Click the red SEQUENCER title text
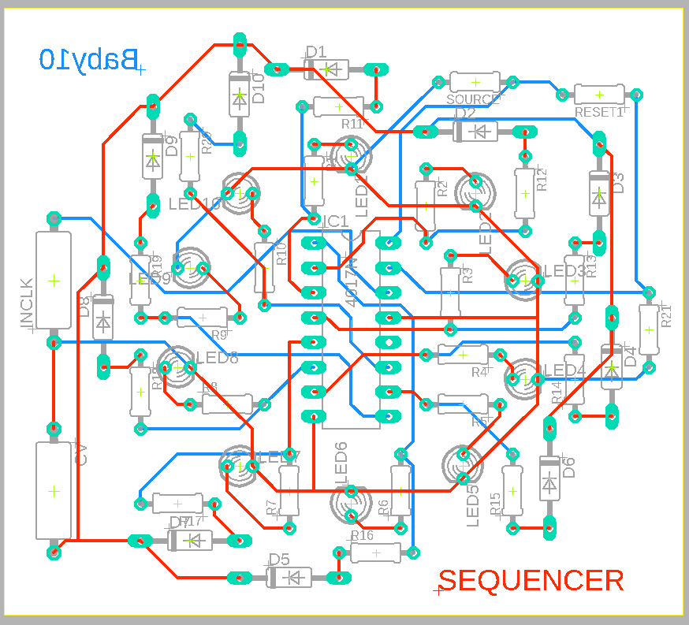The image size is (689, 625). (531, 582)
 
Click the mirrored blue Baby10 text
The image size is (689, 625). (89, 58)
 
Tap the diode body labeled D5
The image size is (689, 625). (289, 578)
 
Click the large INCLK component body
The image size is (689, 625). (54, 280)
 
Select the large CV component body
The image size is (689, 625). (54, 490)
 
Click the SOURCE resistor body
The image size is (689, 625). (475, 82)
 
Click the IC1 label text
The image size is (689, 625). (335, 221)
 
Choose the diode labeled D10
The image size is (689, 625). (240, 96)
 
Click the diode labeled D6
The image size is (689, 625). (549, 478)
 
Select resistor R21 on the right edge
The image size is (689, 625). (648, 329)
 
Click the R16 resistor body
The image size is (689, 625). (375, 552)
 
